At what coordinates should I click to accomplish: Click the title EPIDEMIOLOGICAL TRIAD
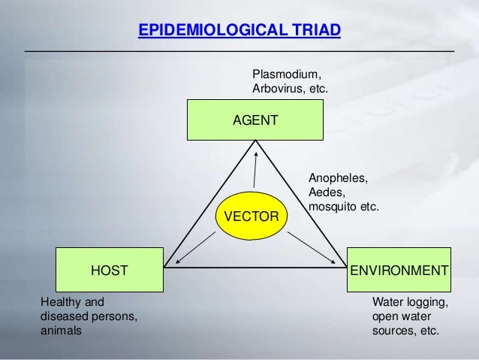click(x=239, y=31)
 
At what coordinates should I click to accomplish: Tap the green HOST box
click(x=109, y=269)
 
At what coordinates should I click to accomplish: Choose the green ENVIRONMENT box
click(x=398, y=269)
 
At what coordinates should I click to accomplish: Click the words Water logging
click(x=410, y=302)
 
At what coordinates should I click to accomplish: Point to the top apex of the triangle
click(x=255, y=141)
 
